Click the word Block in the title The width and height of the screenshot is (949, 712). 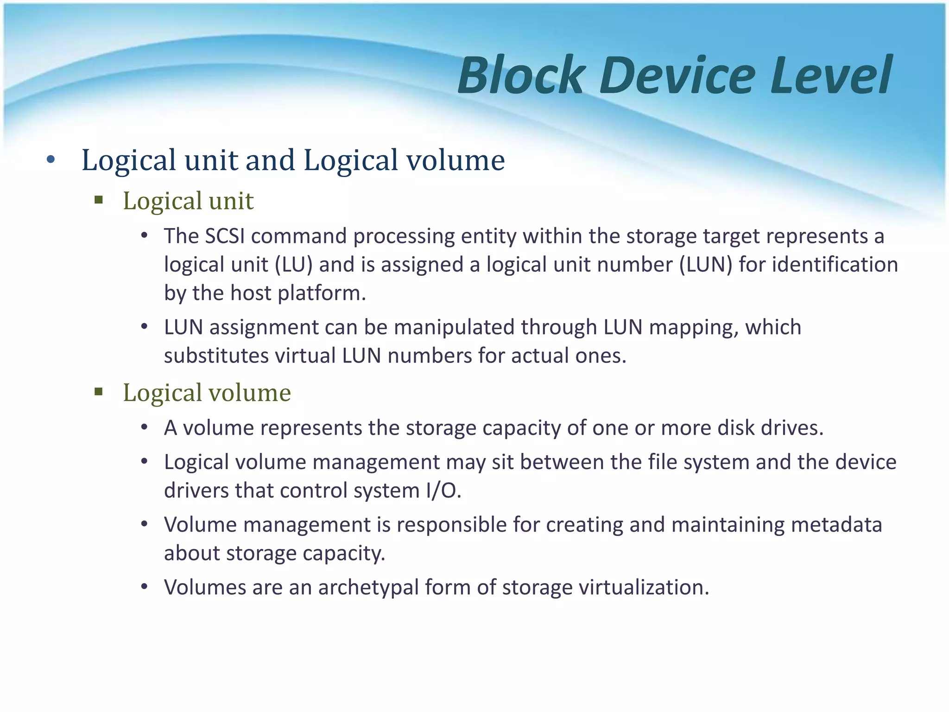(x=520, y=75)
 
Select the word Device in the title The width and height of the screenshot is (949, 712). (x=677, y=75)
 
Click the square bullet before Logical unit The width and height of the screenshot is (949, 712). (x=98, y=200)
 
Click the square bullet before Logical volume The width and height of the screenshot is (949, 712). (x=98, y=392)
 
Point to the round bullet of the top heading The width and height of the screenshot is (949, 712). (x=51, y=160)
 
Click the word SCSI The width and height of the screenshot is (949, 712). (x=224, y=236)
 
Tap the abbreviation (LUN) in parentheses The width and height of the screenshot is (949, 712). (x=706, y=265)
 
